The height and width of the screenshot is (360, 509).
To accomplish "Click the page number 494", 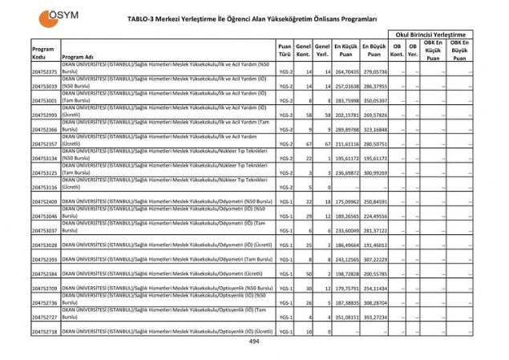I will click(254, 342).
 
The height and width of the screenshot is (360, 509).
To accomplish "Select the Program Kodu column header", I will click(43, 53).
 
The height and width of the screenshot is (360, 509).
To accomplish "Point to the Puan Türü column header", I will click(285, 53).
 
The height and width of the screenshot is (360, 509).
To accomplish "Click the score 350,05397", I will click(374, 100).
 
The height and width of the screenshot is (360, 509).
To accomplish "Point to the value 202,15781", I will click(346, 115).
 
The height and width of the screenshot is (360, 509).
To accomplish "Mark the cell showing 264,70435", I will click(346, 71).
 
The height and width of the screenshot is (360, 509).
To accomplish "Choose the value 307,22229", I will click(374, 259).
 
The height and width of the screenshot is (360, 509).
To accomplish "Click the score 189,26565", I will click(346, 216).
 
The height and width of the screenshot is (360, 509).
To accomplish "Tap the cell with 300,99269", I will click(374, 172).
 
